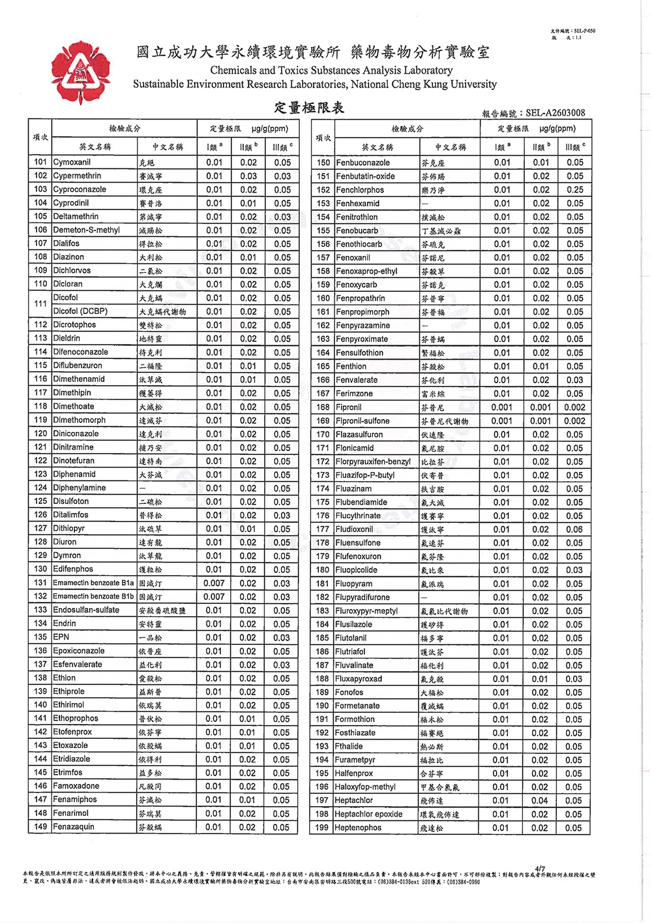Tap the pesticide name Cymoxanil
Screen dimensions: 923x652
click(x=72, y=163)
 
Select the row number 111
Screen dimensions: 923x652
click(x=40, y=304)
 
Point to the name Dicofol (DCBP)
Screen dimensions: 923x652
click(x=80, y=311)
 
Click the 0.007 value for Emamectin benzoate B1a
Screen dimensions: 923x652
click(x=214, y=584)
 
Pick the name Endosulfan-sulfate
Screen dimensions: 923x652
click(x=86, y=610)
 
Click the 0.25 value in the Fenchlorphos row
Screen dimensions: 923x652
click(x=574, y=190)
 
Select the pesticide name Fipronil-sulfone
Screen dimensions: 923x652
click(x=363, y=421)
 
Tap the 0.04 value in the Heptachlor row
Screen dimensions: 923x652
click(x=540, y=801)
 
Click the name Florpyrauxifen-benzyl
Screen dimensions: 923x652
click(x=373, y=461)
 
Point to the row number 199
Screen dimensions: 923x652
click(x=322, y=828)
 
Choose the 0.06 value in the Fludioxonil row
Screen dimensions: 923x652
click(x=574, y=529)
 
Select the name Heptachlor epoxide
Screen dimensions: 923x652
click(x=368, y=814)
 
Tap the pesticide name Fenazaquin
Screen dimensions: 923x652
click(x=74, y=827)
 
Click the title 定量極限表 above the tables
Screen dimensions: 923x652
click(x=309, y=108)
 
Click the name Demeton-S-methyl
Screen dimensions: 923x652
click(x=87, y=230)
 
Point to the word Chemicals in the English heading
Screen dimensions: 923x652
click(x=233, y=70)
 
